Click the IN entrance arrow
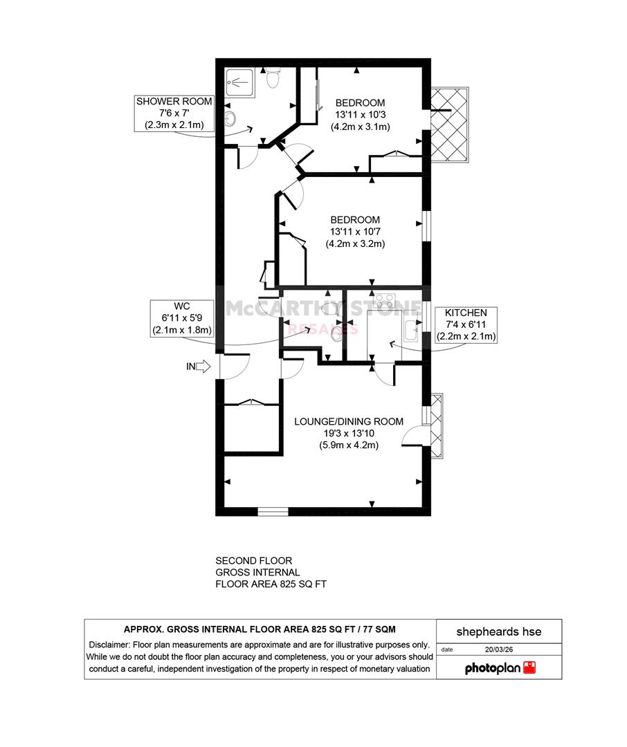click(x=203, y=367)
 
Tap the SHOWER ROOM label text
click(x=174, y=102)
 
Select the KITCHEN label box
click(x=466, y=325)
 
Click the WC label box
click(x=181, y=318)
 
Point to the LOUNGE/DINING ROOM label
click(x=349, y=422)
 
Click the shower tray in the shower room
click(x=240, y=83)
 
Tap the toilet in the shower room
click(x=273, y=77)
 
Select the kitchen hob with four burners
click(x=385, y=301)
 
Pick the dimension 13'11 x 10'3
click(x=360, y=115)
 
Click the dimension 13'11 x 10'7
click(x=355, y=232)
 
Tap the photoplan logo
click(x=500, y=668)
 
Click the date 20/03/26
click(x=499, y=649)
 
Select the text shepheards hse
click(x=499, y=631)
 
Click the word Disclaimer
click(x=109, y=645)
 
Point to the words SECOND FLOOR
click(x=254, y=561)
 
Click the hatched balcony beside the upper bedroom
click(x=450, y=124)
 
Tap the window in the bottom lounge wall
click(x=273, y=512)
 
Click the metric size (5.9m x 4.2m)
click(x=349, y=445)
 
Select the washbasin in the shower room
click(x=230, y=119)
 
